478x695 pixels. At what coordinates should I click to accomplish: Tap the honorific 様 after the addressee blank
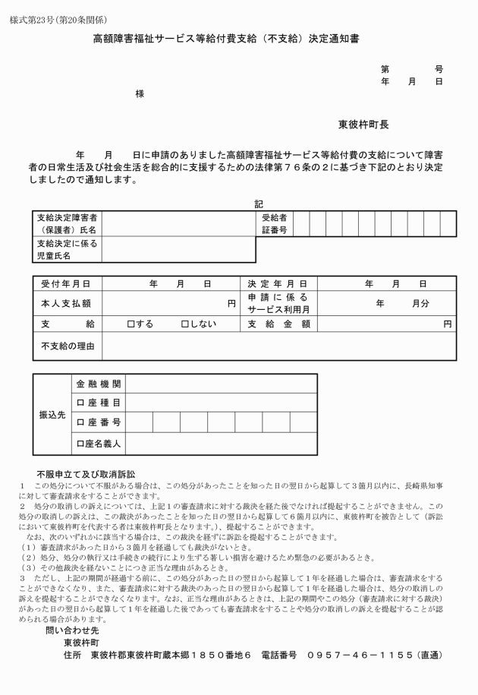click(140, 93)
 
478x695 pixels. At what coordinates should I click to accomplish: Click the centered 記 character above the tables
click(257, 204)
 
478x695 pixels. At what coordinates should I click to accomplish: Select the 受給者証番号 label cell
click(274, 223)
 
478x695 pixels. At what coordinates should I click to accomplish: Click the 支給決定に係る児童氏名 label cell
click(68, 250)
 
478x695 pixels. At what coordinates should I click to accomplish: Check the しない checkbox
click(185, 324)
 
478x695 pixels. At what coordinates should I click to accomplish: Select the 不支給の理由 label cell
click(68, 346)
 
